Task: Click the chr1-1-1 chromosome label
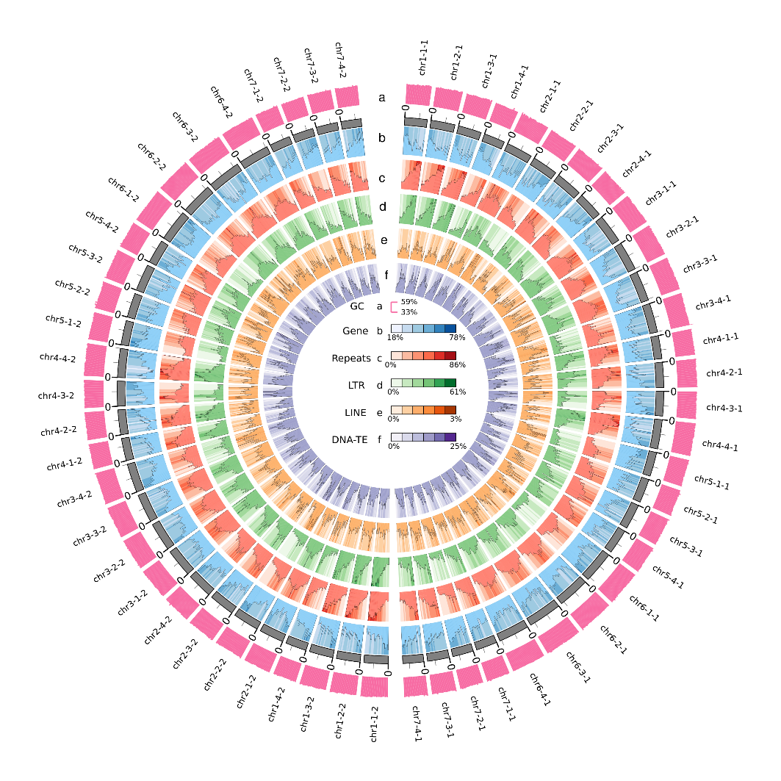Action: [423, 58]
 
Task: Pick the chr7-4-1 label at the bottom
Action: [416, 724]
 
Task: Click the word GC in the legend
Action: [357, 306]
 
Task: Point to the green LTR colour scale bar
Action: [423, 383]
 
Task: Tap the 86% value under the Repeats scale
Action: [457, 365]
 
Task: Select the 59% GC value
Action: [409, 302]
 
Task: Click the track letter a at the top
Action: [381, 97]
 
